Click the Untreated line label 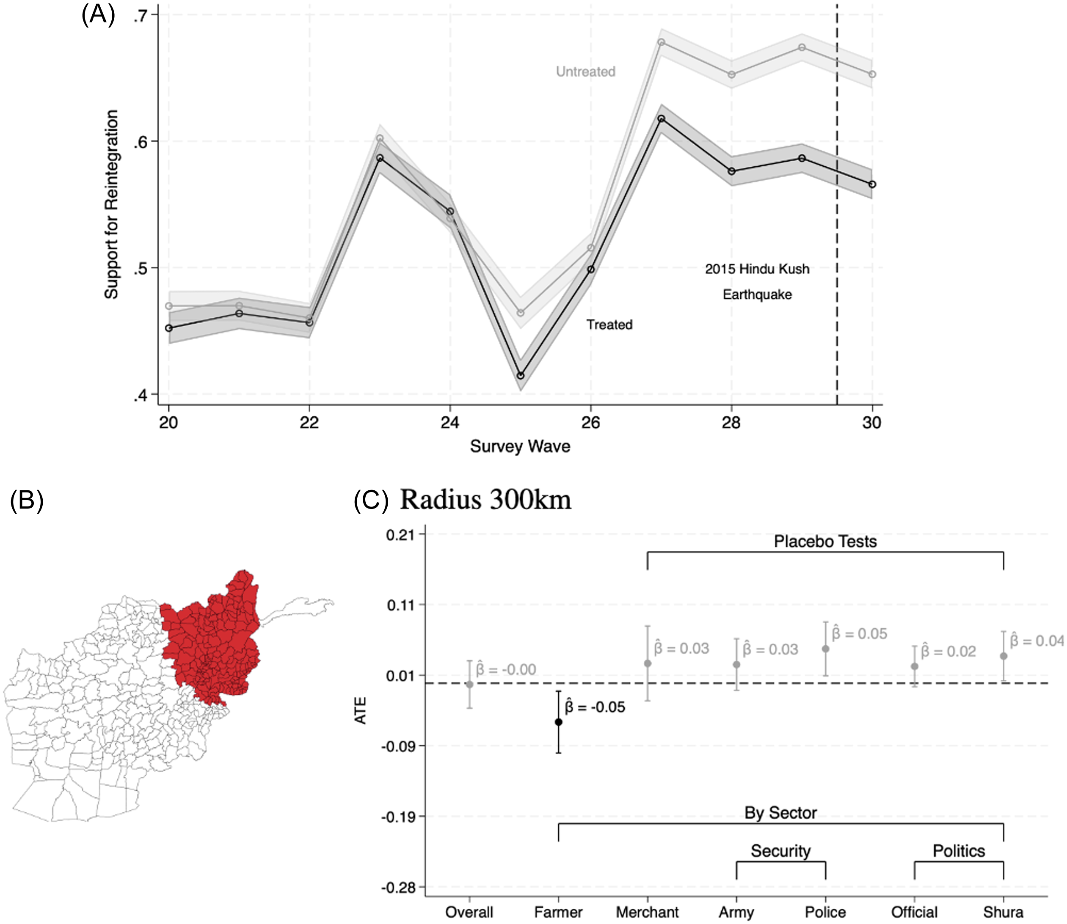pos(585,71)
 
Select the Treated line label pos(609,324)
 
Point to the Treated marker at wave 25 pos(520,375)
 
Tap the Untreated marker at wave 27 pos(661,42)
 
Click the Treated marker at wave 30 pos(872,184)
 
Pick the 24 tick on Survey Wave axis pos(449,423)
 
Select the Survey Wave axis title pos(520,446)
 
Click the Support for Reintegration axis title pos(111,204)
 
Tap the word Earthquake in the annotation pos(757,294)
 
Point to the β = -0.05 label pos(595,707)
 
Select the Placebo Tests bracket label pos(825,542)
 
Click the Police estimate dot pos(826,649)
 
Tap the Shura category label pos(1003,912)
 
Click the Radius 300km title pos(485,500)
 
